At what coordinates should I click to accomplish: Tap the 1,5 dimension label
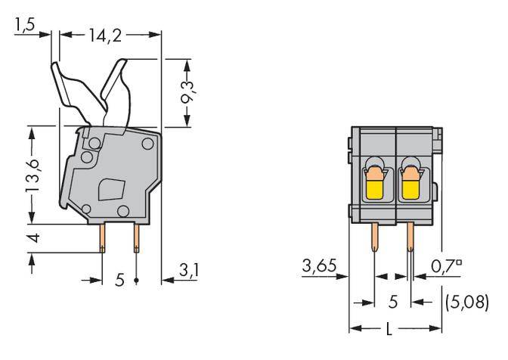[x=25, y=27]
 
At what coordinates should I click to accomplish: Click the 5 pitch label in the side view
[x=119, y=281]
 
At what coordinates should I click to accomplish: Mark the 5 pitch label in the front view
[x=392, y=302]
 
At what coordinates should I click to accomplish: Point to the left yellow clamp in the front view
[x=373, y=186]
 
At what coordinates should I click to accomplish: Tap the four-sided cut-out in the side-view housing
[x=111, y=188]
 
